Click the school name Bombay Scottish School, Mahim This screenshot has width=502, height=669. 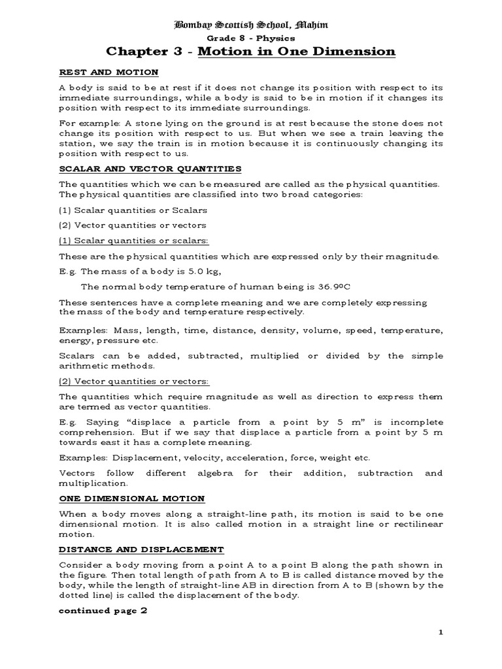pyautogui.click(x=250, y=25)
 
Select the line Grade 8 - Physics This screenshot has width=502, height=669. pyautogui.click(x=250, y=38)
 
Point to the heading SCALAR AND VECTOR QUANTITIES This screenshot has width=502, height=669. pyautogui.click(x=150, y=169)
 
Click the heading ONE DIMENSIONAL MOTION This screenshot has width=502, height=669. pyautogui.click(x=132, y=498)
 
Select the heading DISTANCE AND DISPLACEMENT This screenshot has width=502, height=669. pyautogui.click(x=141, y=549)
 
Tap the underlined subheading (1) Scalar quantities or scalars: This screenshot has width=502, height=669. pyautogui.click(x=134, y=240)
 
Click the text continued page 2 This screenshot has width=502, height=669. pyautogui.click(x=103, y=611)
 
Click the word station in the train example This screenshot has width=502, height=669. pyautogui.click(x=76, y=144)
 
